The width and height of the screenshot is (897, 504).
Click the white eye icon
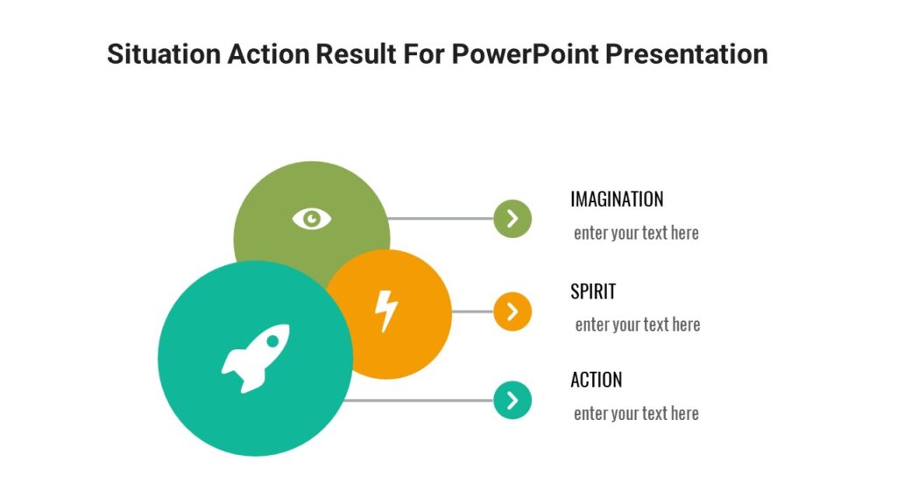(312, 218)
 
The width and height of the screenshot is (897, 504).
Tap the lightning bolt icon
(386, 311)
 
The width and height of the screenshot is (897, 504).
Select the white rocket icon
(255, 358)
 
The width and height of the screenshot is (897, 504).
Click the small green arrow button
(512, 219)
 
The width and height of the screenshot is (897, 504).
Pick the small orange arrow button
(512, 311)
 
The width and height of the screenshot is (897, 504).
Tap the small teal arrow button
(512, 400)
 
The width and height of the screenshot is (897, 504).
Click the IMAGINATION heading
(617, 199)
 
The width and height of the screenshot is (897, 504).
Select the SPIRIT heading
(593, 291)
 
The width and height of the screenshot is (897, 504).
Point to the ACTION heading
(596, 380)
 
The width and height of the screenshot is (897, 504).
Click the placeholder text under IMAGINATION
(636, 234)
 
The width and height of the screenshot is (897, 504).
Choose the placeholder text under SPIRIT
(637, 325)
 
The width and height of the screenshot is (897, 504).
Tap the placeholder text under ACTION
(636, 414)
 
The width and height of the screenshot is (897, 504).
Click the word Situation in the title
(163, 54)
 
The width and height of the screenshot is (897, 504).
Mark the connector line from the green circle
(441, 219)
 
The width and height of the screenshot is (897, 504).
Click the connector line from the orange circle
(472, 311)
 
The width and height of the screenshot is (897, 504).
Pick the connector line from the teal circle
(420, 400)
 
